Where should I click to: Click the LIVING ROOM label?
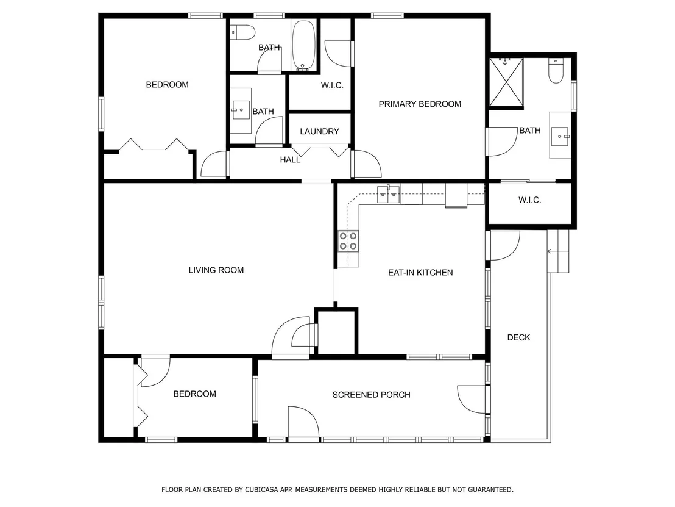pos(216,270)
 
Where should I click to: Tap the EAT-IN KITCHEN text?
pos(420,273)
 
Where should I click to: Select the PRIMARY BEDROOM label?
pos(420,104)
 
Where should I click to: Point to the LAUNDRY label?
pos(319,132)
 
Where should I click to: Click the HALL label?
pos(290,160)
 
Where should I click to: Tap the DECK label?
pos(518,337)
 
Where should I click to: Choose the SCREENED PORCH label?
pos(372,395)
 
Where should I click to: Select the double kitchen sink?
pos(389,195)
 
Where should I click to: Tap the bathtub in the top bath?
pos(303,45)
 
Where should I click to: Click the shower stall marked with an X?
pos(506,82)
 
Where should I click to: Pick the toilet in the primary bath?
pos(556,71)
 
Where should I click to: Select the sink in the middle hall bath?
pos(241,110)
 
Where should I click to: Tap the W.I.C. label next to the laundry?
pos(333,86)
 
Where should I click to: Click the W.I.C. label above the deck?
pos(530,200)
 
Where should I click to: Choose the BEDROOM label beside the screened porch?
pos(194,394)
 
